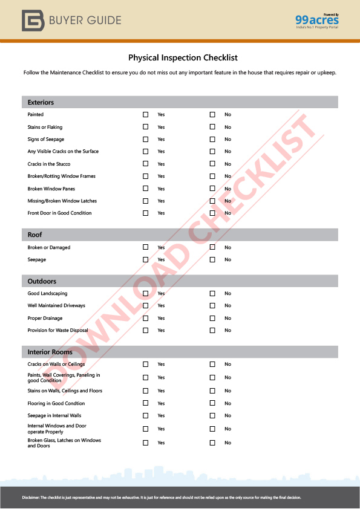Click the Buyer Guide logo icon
[32, 21]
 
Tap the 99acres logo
[317, 21]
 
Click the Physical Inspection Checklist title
[183, 58]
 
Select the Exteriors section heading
[41, 102]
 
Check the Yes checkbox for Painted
[145, 114]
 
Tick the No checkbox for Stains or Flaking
[212, 127]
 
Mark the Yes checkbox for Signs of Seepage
[145, 139]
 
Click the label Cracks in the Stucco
[49, 164]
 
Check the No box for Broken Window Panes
[212, 189]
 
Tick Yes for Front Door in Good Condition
[145, 213]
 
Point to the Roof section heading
[35, 235]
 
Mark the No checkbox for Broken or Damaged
[212, 247]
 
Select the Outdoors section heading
[42, 281]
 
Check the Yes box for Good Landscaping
[145, 293]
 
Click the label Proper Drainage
[45, 318]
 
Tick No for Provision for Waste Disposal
[212, 330]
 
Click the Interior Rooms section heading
[50, 352]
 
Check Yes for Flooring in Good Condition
[145, 403]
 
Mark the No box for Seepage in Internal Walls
[212, 415]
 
